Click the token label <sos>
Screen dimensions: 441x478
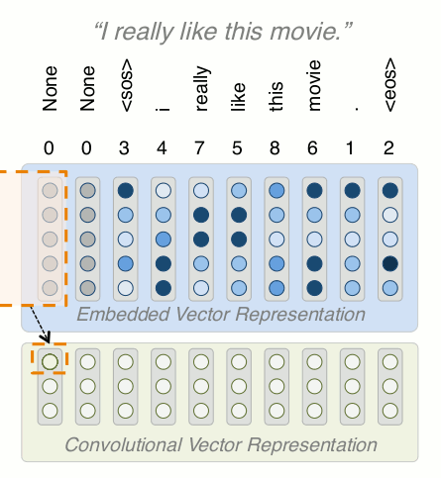(127, 85)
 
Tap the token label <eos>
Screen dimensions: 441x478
(389, 84)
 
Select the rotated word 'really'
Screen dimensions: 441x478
(201, 88)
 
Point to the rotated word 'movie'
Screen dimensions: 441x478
(313, 85)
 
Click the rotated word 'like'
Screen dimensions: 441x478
(238, 97)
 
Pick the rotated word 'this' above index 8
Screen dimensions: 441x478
(276, 96)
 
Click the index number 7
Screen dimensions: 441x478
(199, 148)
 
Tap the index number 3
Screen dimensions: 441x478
(124, 148)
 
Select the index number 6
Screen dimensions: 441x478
(312, 148)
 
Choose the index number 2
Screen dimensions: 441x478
(388, 148)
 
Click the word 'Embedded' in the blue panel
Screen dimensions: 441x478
(124, 314)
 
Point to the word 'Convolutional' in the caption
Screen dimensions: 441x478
(123, 444)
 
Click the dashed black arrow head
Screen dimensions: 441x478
(46, 338)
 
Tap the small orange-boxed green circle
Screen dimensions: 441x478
(50, 361)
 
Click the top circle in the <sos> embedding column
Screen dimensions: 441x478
(126, 190)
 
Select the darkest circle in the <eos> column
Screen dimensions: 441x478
(390, 263)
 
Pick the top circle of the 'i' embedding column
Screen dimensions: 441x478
(164, 190)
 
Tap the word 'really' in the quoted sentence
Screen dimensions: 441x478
(144, 33)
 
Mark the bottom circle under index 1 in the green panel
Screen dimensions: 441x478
(353, 411)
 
